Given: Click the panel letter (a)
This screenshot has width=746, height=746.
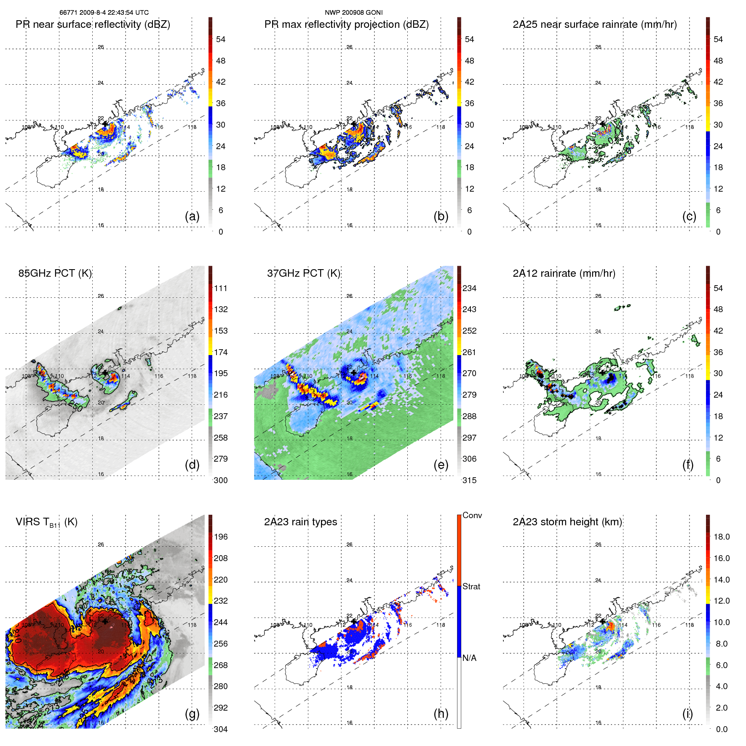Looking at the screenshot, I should pyautogui.click(x=192, y=217).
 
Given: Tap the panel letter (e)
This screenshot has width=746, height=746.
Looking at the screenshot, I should pyautogui.click(x=441, y=465).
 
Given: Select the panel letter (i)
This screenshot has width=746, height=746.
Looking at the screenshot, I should pyautogui.click(x=687, y=714).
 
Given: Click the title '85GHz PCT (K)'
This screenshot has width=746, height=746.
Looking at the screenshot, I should pyautogui.click(x=55, y=273).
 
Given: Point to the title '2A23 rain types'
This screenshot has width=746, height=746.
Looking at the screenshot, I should pyautogui.click(x=300, y=522).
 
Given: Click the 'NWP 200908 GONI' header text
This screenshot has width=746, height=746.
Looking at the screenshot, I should pyautogui.click(x=353, y=13).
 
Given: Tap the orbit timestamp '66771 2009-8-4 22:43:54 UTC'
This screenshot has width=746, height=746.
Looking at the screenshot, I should pyautogui.click(x=104, y=13).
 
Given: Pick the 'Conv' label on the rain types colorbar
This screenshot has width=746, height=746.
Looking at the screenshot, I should pyautogui.click(x=472, y=516).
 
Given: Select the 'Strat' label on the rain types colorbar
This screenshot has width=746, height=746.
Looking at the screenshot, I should pyautogui.click(x=471, y=587).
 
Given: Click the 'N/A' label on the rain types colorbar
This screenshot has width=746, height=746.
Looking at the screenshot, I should pyautogui.click(x=469, y=658).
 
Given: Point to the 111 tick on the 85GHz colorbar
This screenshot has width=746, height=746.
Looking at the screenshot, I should pyautogui.click(x=221, y=289).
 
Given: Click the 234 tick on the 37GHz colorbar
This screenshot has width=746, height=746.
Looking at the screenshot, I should pyautogui.click(x=469, y=289).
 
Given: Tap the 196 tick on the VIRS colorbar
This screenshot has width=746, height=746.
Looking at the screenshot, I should pyautogui.click(x=221, y=537).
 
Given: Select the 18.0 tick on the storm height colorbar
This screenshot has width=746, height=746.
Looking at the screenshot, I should pyautogui.click(x=722, y=537).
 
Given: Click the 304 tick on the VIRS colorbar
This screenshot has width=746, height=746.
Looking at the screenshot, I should pyautogui.click(x=221, y=729).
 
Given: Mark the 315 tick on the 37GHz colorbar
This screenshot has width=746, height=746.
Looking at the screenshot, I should pyautogui.click(x=469, y=481).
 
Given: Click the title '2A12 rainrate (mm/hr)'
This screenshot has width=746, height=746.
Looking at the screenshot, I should pyautogui.click(x=564, y=273).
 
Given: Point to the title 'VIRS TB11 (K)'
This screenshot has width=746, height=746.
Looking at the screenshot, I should pyautogui.click(x=47, y=522).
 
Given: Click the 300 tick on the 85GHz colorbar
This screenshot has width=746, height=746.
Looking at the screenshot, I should pyautogui.click(x=221, y=481).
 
